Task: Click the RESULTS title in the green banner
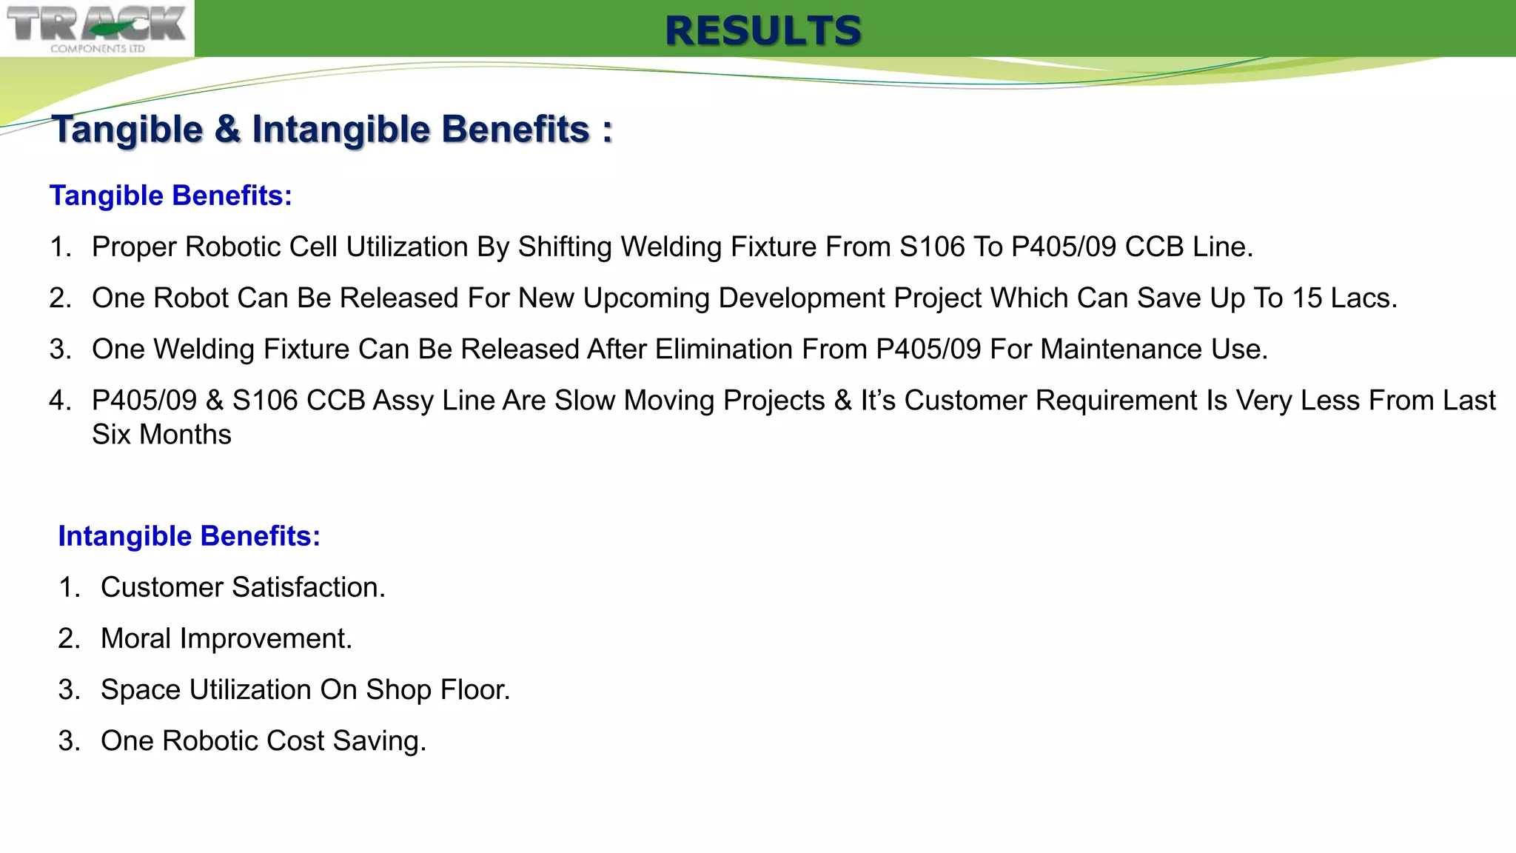763,31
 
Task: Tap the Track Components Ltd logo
97,28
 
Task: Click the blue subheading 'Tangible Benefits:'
171,195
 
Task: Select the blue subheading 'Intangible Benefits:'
189,536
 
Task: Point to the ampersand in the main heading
227,130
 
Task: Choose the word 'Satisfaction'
308,587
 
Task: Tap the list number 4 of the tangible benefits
58,401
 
